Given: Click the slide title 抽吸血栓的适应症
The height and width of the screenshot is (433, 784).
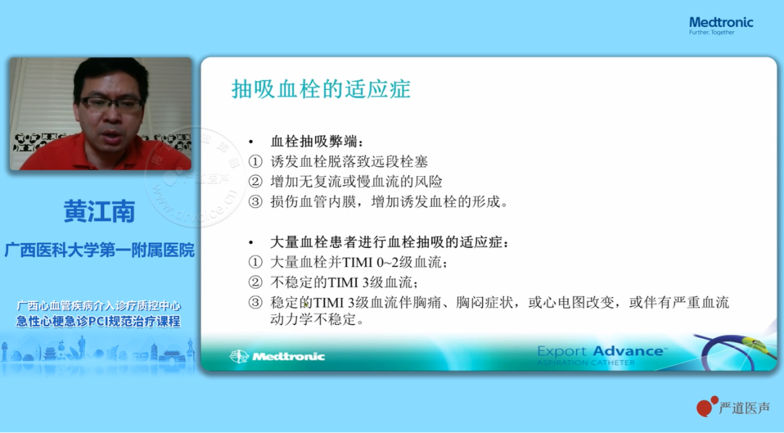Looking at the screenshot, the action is click(321, 89).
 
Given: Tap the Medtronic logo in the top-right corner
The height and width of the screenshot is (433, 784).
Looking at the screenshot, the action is click(721, 25).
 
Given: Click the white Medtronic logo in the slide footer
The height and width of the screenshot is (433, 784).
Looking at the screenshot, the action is click(277, 356).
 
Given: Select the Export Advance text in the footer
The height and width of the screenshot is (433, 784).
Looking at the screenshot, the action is click(602, 351).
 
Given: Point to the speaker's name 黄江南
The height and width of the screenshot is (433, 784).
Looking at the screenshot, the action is click(99, 211).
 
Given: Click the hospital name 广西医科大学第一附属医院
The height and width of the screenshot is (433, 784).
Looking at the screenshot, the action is click(99, 250).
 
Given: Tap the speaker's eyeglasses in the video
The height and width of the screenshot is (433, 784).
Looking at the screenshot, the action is click(111, 104).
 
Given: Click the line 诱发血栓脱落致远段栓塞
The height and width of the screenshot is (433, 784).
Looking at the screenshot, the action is click(349, 162).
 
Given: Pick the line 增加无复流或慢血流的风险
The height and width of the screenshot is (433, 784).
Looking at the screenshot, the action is click(356, 182).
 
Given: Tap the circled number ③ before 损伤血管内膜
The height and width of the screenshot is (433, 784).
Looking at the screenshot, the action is click(256, 202).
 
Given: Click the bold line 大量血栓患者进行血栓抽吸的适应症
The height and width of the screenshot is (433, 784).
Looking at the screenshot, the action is click(390, 242).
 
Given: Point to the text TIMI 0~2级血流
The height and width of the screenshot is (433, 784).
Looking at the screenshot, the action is click(394, 263).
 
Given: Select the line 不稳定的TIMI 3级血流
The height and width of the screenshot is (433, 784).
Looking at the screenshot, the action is click(344, 282).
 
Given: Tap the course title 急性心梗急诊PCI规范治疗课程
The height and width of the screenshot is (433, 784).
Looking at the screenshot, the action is click(98, 321).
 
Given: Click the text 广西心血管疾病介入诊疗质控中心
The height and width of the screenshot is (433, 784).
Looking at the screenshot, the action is click(99, 305).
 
